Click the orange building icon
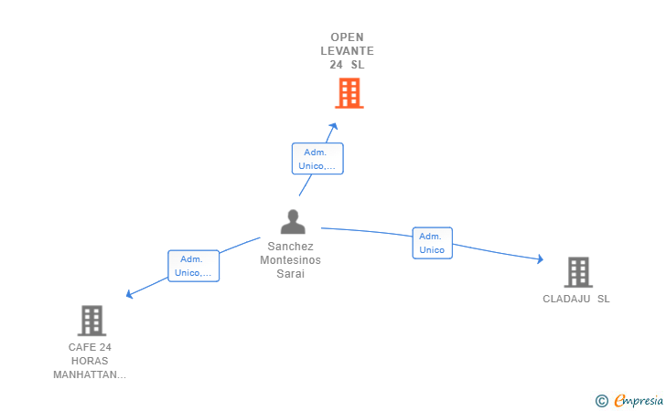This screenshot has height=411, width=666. (349, 93)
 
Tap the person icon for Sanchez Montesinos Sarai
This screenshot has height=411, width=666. (293, 222)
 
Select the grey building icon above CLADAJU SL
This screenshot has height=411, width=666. (578, 272)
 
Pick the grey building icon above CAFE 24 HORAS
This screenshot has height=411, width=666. (91, 321)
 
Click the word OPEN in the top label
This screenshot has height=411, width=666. (347, 37)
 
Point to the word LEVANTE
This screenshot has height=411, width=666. (347, 51)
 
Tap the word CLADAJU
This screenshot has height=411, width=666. (566, 299)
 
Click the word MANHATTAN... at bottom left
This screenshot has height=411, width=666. (90, 375)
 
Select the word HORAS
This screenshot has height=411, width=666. (90, 361)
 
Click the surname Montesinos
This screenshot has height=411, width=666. (291, 260)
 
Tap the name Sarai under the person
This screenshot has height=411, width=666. (291, 274)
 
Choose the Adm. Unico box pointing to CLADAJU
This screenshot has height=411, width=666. (433, 243)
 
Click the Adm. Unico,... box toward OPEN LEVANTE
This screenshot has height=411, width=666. (317, 159)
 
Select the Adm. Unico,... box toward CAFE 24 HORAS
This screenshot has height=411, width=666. (194, 266)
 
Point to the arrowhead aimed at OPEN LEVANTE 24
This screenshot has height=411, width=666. (333, 126)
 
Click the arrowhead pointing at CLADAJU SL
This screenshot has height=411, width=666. (540, 258)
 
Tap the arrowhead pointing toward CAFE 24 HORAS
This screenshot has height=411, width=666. (130, 294)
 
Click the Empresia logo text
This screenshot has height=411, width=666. (639, 400)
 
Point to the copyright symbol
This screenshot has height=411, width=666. (602, 401)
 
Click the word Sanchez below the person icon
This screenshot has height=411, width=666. (291, 247)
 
